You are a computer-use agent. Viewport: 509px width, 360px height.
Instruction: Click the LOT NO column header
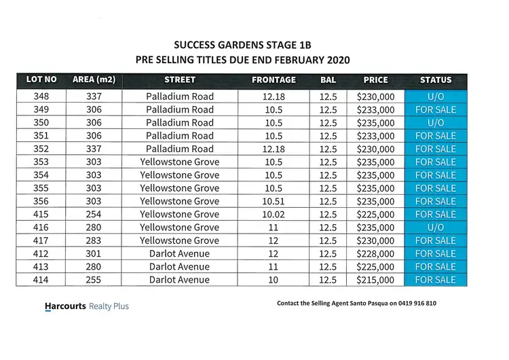tap(41, 80)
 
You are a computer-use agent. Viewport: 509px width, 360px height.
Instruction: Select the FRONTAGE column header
tap(274, 80)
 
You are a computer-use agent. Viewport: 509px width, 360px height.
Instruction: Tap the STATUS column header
tap(436, 80)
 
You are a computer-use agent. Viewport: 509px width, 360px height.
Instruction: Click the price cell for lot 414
tap(375, 280)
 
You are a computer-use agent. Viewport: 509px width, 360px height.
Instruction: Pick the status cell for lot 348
tap(436, 96)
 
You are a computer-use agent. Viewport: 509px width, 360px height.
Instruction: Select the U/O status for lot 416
tap(436, 228)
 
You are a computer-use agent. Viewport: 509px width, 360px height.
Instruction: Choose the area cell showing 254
tap(94, 215)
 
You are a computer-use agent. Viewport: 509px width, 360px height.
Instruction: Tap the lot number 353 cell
tap(41, 162)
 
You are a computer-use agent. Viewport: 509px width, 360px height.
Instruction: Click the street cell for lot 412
tap(180, 254)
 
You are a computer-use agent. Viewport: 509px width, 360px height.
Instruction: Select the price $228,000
tap(375, 254)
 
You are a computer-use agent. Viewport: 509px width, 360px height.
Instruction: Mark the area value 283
tap(94, 240)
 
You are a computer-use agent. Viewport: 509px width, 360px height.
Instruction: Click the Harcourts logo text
tap(65, 306)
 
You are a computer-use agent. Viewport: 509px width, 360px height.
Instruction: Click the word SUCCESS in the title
tap(197, 45)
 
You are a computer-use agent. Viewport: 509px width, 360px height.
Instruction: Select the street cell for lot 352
tap(180, 149)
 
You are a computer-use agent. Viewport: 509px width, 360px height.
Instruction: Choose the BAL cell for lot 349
tap(328, 109)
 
